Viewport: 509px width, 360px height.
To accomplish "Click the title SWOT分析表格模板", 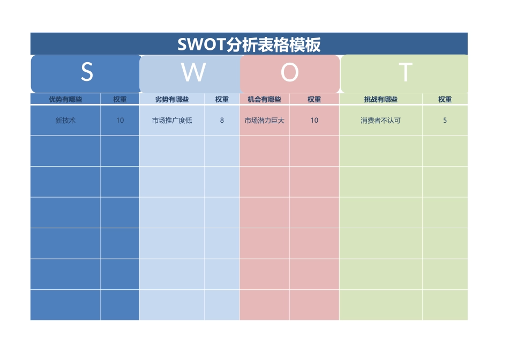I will coord(249,44).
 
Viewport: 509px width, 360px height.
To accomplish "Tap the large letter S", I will coord(87,72).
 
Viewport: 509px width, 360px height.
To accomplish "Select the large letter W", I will coord(193,72).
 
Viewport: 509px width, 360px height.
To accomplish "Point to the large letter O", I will coord(289,72).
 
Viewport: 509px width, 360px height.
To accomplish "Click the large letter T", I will coord(406,72).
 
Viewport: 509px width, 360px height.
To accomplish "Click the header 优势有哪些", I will coord(65,99).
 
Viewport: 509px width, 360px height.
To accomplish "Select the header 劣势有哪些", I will coord(172,99).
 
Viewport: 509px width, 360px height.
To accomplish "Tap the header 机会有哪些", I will coord(264,99).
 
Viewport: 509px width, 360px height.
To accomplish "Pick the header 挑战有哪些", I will coord(380,99).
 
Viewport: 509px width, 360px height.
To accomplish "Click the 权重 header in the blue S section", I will coord(120,99).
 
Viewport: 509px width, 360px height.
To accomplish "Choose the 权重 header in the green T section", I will coord(445,99).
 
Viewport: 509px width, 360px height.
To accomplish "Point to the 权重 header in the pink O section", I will coord(314,99).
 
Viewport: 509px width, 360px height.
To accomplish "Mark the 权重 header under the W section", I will coord(222,99).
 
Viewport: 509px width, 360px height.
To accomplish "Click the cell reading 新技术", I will coord(65,121).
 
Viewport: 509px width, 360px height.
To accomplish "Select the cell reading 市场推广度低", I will coord(172,121).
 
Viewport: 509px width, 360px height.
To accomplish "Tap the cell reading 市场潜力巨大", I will coord(264,121).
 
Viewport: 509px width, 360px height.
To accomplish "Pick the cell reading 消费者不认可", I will coord(380,121).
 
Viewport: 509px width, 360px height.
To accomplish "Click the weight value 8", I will coord(222,121).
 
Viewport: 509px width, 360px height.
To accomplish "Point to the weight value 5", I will coord(445,121).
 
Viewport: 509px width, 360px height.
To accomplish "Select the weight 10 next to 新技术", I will coord(120,121).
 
